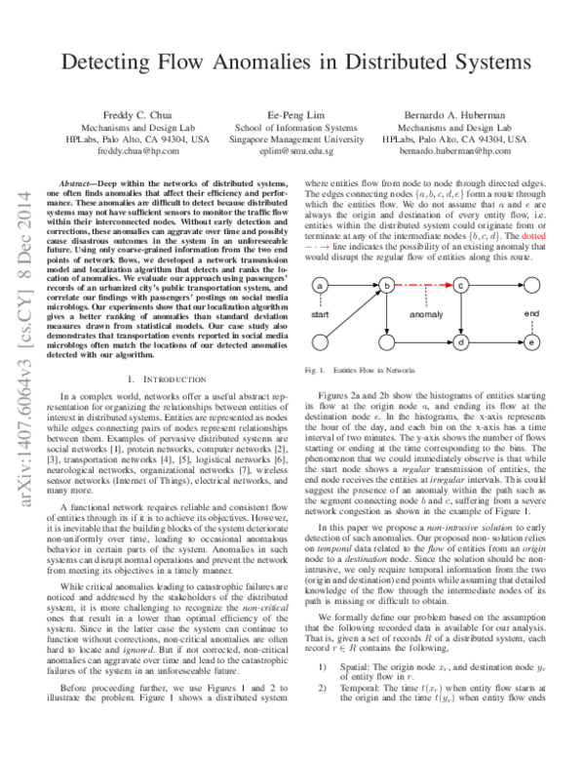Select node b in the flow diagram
click(x=388, y=285)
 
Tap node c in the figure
click(x=461, y=285)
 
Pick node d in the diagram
click(x=461, y=342)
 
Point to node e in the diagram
click(x=530, y=342)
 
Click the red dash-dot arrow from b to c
click(x=424, y=285)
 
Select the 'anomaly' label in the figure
click(x=425, y=314)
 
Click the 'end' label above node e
click(x=531, y=313)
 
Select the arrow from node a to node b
click(x=354, y=285)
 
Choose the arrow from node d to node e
click(x=495, y=342)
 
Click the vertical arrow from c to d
click(x=461, y=313)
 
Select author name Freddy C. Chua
click(x=132, y=114)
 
